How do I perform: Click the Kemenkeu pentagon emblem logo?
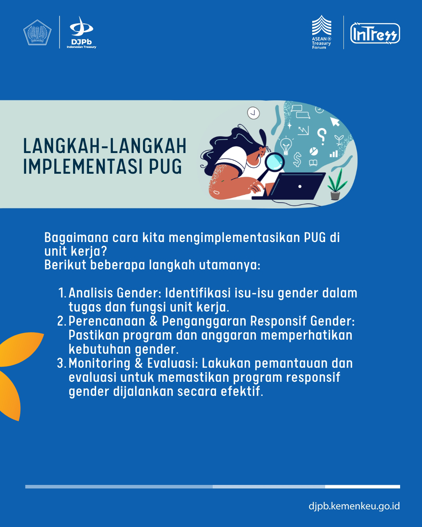click(x=37, y=32)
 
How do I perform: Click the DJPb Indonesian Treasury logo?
click(x=81, y=32)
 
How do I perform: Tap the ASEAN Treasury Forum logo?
click(x=322, y=32)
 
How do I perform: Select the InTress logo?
click(x=375, y=34)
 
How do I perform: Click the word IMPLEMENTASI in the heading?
click(x=82, y=167)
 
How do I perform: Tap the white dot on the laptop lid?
click(x=300, y=186)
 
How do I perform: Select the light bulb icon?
click(x=286, y=146)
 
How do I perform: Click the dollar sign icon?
click(x=297, y=159)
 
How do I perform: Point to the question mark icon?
click(x=322, y=136)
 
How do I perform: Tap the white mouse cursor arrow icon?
click(x=334, y=121)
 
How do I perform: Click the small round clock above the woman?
click(x=253, y=113)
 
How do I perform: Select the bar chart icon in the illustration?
click(x=333, y=154)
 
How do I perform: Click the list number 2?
click(x=61, y=321)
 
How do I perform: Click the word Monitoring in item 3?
click(x=100, y=364)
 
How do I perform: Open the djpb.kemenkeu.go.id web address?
click(x=354, y=506)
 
